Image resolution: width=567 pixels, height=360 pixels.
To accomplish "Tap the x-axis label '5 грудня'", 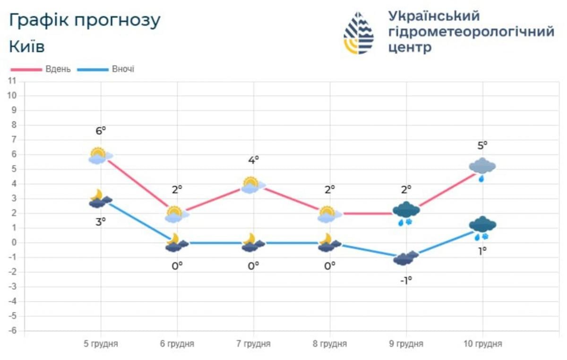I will click(x=101, y=344).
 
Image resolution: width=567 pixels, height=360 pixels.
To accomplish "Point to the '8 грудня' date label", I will click(x=330, y=344).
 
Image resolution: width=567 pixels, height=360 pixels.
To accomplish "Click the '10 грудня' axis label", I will click(x=483, y=344).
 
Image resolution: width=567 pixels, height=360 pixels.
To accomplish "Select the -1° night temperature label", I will click(x=406, y=280).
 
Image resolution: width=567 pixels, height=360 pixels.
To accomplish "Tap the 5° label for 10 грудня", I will click(x=482, y=146).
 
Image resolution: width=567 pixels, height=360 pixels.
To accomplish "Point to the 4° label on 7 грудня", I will click(x=254, y=160).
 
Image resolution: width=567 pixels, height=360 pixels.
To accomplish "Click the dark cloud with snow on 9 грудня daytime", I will click(x=406, y=212).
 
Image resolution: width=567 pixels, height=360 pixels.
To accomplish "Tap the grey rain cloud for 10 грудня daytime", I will click(x=482, y=168).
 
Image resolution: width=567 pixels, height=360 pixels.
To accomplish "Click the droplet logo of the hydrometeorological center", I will click(x=359, y=33).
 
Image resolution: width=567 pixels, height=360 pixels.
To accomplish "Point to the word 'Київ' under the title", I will click(x=27, y=47).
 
